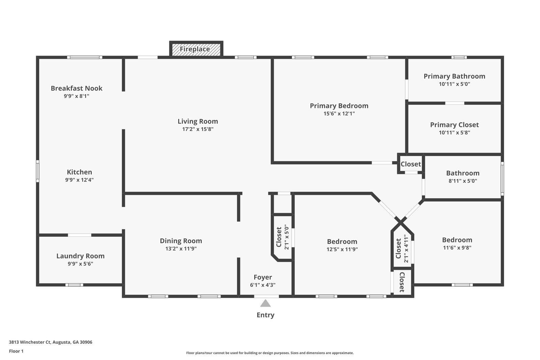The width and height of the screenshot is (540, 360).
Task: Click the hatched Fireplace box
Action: pyautogui.click(x=196, y=49)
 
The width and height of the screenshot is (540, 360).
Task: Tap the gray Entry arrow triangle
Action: pyautogui.click(x=266, y=303)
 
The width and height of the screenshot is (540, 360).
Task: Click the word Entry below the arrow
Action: pyautogui.click(x=266, y=315)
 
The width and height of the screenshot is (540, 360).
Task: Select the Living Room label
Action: pyautogui.click(x=198, y=121)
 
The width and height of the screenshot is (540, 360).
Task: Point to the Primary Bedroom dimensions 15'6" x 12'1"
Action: pyautogui.click(x=339, y=114)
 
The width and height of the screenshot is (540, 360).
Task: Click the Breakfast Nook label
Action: pyautogui.click(x=77, y=88)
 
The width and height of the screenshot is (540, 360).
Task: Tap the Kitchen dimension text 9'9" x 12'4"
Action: pyautogui.click(x=79, y=180)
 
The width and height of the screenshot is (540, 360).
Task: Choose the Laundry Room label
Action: pyautogui.click(x=80, y=256)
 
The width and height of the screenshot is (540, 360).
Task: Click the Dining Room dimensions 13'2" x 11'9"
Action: pyautogui.click(x=181, y=249)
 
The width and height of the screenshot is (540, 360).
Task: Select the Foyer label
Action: pyautogui.click(x=263, y=277)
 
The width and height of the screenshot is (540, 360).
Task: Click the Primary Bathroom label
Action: pyautogui.click(x=454, y=76)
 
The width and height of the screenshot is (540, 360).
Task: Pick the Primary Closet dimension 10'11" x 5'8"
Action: pyautogui.click(x=454, y=133)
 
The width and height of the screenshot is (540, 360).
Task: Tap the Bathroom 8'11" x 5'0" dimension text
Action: pyautogui.click(x=462, y=181)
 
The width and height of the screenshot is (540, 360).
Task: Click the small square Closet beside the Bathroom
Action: pyautogui.click(x=411, y=164)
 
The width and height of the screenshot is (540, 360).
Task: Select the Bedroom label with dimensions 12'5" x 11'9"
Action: pyautogui.click(x=342, y=242)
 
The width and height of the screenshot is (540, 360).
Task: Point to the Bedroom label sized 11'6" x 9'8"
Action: pyautogui.click(x=457, y=240)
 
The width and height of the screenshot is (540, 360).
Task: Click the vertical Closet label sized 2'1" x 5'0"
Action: pyautogui.click(x=279, y=237)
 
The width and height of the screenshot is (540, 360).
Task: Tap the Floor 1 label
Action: pyautogui.click(x=16, y=351)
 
